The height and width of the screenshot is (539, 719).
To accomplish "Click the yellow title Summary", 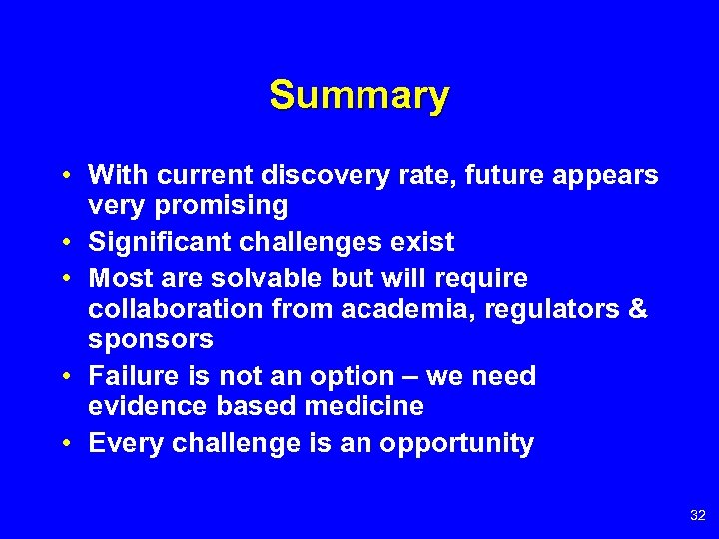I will pyautogui.click(x=359, y=96).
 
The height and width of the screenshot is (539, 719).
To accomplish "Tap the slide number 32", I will pyautogui.click(x=697, y=515).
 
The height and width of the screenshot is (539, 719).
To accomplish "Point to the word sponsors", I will pyautogui.click(x=151, y=339).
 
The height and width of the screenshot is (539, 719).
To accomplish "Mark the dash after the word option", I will pyautogui.click(x=409, y=376).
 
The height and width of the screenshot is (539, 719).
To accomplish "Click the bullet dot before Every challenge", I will pyautogui.click(x=64, y=443).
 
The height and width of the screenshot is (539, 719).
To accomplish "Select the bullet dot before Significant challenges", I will pyautogui.click(x=64, y=242).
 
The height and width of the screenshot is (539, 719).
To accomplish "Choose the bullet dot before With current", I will pyautogui.click(x=64, y=175).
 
